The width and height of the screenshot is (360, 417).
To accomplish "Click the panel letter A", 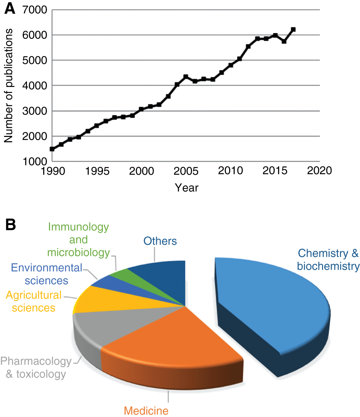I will [x=10, y=9].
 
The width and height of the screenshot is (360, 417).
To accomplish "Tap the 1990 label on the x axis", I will [x=52, y=170].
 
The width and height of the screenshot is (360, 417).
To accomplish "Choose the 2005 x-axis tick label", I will [x=186, y=170].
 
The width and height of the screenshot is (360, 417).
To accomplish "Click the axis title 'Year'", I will [x=186, y=187].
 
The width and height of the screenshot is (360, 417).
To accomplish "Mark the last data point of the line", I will [x=293, y=29].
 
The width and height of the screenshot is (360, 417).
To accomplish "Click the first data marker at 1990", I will [x=52, y=149].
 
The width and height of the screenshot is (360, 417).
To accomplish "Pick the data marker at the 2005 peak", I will [x=186, y=77].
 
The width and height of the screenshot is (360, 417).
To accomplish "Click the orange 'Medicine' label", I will [x=146, y=410].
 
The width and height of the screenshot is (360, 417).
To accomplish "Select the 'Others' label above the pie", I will [x=160, y=241].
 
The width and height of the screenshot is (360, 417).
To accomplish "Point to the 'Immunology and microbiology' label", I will [x=78, y=240].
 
